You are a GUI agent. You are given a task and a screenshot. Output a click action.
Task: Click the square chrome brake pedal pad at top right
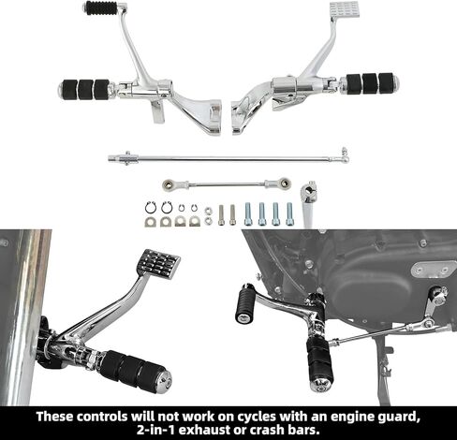345,9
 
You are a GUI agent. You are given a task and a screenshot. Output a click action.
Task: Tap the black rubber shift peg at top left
97,7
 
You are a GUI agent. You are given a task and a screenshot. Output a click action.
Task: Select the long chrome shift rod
228,157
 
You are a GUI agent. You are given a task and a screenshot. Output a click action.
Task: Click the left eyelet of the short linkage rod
169,185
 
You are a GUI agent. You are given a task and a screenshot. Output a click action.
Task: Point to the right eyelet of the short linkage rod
284,183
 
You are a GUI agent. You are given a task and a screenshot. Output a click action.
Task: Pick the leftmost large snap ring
151,208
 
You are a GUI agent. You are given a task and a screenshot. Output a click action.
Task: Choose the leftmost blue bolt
248,213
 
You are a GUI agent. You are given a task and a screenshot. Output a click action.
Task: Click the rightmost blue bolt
289,213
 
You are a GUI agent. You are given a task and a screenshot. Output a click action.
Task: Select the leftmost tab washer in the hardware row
151,222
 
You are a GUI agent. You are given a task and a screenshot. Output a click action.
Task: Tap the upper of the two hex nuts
208,211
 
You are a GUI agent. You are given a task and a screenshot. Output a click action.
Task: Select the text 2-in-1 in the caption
155,430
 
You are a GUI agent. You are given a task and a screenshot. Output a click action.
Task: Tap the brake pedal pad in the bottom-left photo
158,264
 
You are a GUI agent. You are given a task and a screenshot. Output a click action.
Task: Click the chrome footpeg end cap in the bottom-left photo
163,380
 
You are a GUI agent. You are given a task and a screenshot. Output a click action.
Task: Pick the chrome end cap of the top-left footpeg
61,89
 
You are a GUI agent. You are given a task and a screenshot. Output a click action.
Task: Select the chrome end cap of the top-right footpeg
396,81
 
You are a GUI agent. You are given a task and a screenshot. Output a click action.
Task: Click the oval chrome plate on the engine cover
434,269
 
